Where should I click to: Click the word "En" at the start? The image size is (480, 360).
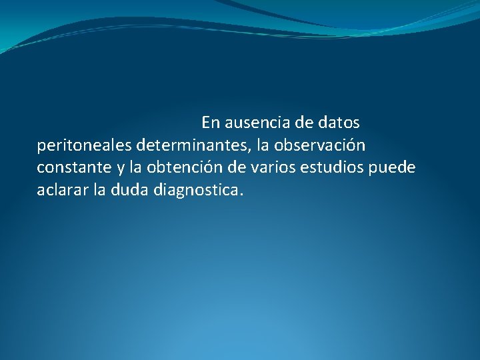pyautogui.click(x=210, y=123)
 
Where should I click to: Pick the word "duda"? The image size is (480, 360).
pyautogui.click(x=129, y=190)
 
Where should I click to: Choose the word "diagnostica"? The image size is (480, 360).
pyautogui.click(x=196, y=190)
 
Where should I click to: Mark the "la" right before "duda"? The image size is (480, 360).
pyautogui.click(x=99, y=190)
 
